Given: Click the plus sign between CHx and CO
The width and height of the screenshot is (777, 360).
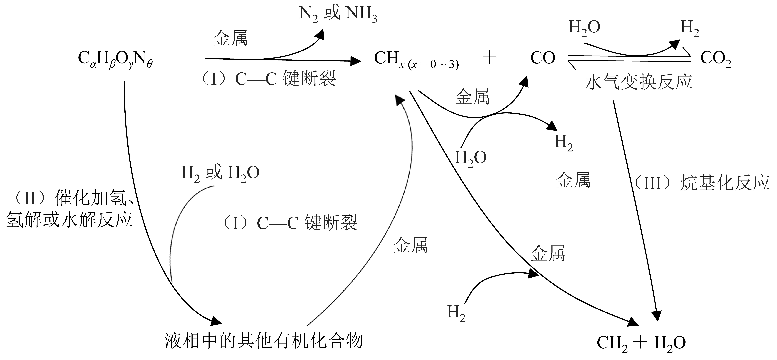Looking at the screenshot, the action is (490, 57).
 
